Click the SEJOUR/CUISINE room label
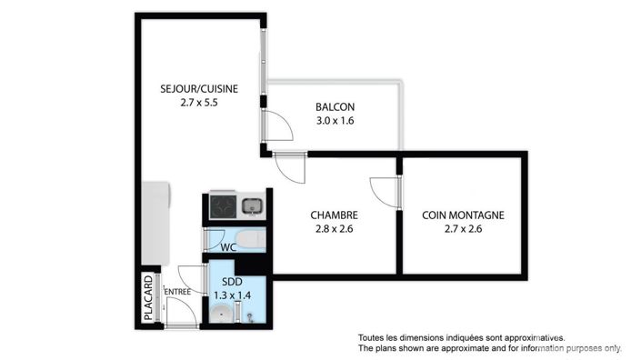click(x=199, y=88)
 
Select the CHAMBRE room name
click(x=334, y=215)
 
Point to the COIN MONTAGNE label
click(x=463, y=215)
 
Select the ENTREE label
click(x=177, y=292)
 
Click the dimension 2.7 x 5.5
click(x=199, y=103)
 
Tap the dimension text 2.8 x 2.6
click(x=334, y=229)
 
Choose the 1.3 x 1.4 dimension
click(x=231, y=295)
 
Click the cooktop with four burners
click(x=223, y=206)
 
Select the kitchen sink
click(x=253, y=205)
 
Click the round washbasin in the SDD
click(x=220, y=315)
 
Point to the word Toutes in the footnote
click(x=374, y=336)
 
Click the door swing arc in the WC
click(x=215, y=240)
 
